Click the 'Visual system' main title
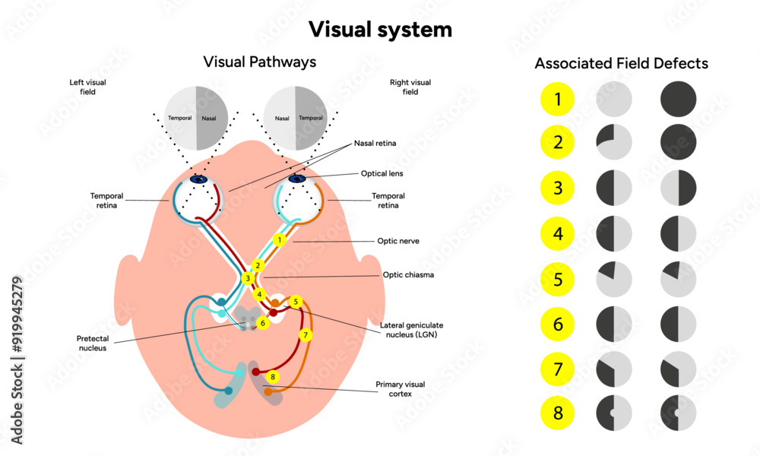(380, 30)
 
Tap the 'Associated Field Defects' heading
(621, 63)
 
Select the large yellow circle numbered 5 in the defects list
(558, 279)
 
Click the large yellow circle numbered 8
(558, 414)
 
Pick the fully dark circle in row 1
(678, 99)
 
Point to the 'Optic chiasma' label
(408, 274)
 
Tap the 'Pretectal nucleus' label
(97, 343)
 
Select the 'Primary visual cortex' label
(401, 389)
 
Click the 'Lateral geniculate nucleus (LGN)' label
(408, 330)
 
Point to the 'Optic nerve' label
(398, 241)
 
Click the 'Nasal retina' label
(375, 143)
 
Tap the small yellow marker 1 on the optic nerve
(279, 240)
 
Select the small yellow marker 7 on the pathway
(306, 335)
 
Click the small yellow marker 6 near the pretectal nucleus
(263, 323)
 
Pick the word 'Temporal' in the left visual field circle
(180, 119)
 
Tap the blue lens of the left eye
(199, 179)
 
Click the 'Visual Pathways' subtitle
(259, 62)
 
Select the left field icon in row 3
(614, 188)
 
